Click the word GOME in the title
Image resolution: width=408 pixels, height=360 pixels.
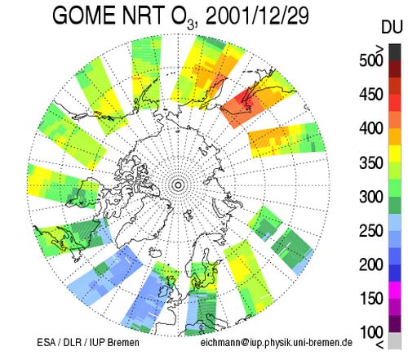(x=84, y=16)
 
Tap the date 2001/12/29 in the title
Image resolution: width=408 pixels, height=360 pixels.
(x=257, y=16)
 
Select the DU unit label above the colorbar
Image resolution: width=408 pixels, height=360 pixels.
(x=392, y=28)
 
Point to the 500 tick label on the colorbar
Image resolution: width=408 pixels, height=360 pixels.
(x=371, y=60)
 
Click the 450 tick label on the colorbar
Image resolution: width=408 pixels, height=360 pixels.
(x=371, y=95)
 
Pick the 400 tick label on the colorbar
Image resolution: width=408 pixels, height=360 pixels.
(x=371, y=128)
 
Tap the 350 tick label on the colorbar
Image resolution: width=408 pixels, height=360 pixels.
(x=371, y=162)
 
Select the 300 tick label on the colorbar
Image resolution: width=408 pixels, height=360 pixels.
(x=371, y=197)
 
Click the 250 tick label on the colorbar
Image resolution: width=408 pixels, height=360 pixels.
(x=371, y=231)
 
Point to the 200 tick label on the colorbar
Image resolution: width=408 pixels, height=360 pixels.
(x=371, y=264)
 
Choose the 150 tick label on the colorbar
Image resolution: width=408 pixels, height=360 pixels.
(x=371, y=299)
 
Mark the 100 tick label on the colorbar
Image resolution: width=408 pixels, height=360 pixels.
(x=371, y=332)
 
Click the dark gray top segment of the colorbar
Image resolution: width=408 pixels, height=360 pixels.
(x=395, y=52)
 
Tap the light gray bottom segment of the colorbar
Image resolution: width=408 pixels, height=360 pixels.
(x=395, y=341)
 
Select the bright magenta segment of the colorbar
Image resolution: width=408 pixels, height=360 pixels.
(x=395, y=290)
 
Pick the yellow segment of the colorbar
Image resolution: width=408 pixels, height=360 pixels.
(x=395, y=153)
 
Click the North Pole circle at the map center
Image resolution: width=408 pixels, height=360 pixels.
(x=178, y=185)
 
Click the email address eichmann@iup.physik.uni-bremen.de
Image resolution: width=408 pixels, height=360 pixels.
(x=277, y=343)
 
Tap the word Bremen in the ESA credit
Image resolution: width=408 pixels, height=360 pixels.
(x=123, y=343)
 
